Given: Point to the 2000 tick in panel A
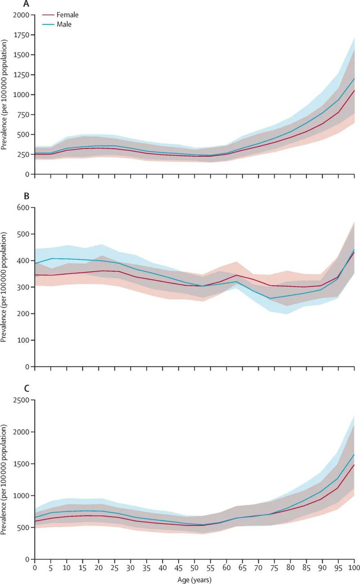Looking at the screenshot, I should coord(22,15).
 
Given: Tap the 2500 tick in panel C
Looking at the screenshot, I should coord(22,400).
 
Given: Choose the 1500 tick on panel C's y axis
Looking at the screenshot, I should coord(22,464).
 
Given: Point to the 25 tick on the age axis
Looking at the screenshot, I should coord(115,568).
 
